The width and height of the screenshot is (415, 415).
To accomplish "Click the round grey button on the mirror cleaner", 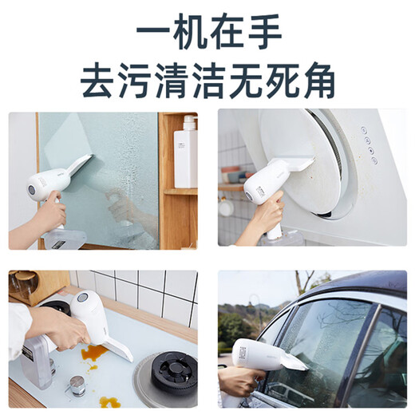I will point(31,192).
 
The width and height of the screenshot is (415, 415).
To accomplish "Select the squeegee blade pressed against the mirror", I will point(80,168).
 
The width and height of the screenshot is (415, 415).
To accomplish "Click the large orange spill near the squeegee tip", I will point(94,351).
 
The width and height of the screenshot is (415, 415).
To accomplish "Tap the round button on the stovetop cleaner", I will point(82,298).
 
